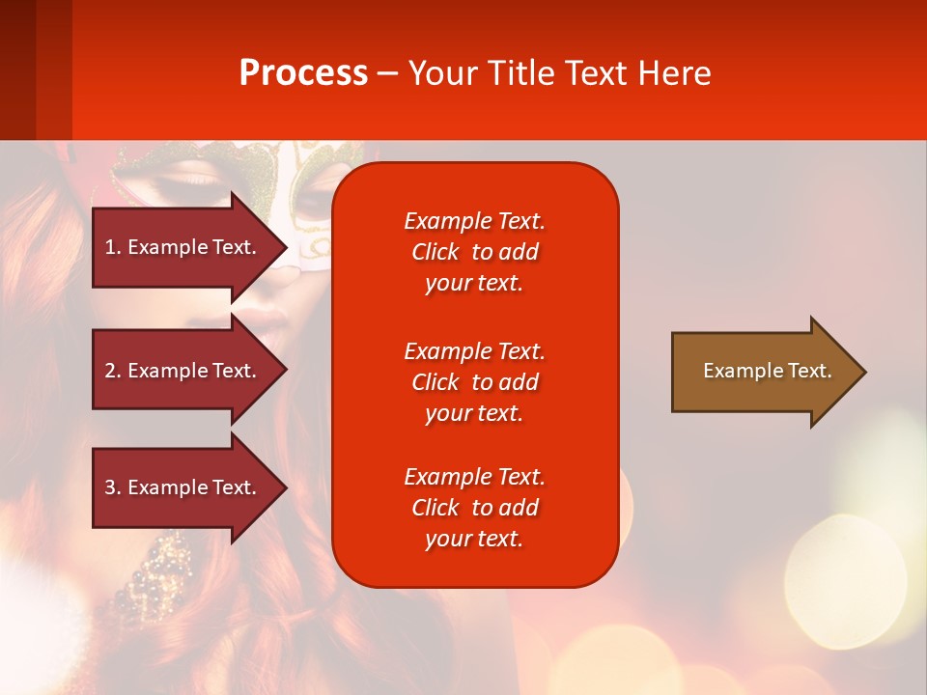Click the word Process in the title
(x=304, y=73)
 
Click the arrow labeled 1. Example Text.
(x=189, y=247)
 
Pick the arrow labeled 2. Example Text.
(x=189, y=370)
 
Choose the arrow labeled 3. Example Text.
(x=189, y=486)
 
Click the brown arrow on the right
(x=769, y=371)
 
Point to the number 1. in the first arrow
(x=113, y=247)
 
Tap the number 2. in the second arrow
(x=113, y=371)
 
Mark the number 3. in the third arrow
(x=113, y=487)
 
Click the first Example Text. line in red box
(x=475, y=221)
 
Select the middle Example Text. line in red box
(x=475, y=351)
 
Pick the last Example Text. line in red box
(x=475, y=477)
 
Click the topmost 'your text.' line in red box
(x=474, y=284)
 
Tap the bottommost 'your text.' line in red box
(x=474, y=540)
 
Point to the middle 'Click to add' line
(x=475, y=382)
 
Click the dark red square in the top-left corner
(x=17, y=69)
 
